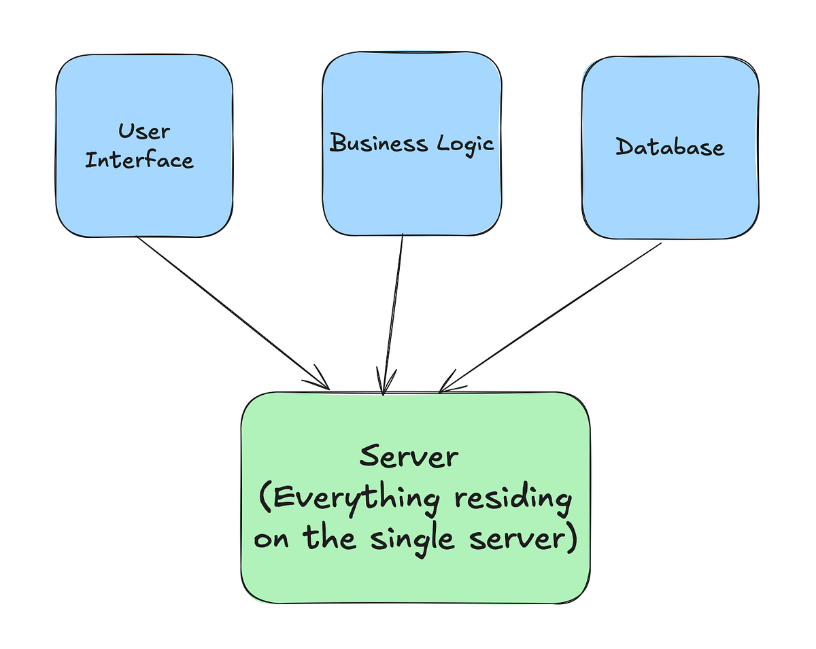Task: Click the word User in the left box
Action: point(144,130)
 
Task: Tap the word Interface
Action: point(139,160)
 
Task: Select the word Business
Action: point(370,143)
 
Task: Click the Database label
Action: point(670,147)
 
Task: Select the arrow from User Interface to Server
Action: point(231,312)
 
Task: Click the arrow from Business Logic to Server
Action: point(394,313)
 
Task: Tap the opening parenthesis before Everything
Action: point(267,499)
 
